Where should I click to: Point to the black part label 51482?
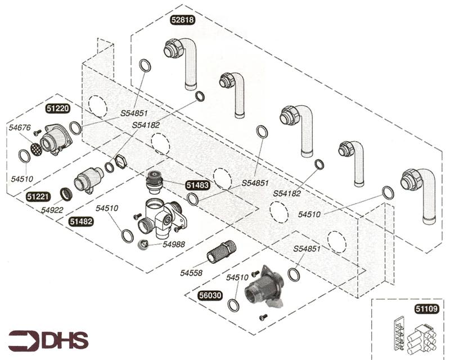pos(81,222)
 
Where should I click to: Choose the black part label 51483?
pos(197,184)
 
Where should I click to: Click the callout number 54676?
pos(19,128)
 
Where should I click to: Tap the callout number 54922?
pos(52,210)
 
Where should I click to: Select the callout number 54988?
pos(174,244)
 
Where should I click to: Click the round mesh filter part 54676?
pos(35,149)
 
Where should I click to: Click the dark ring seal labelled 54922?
pos(66,193)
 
